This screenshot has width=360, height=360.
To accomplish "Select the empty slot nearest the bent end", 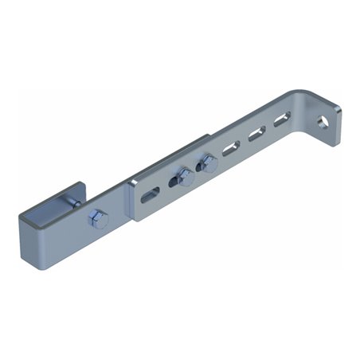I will pos(282,121).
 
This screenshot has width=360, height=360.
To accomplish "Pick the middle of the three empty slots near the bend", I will pos(256,133).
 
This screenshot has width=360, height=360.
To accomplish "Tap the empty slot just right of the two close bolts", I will pos(231,147).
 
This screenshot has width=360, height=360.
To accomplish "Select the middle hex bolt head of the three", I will pos(185,178).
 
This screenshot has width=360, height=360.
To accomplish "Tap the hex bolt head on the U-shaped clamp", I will pos(98,219).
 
